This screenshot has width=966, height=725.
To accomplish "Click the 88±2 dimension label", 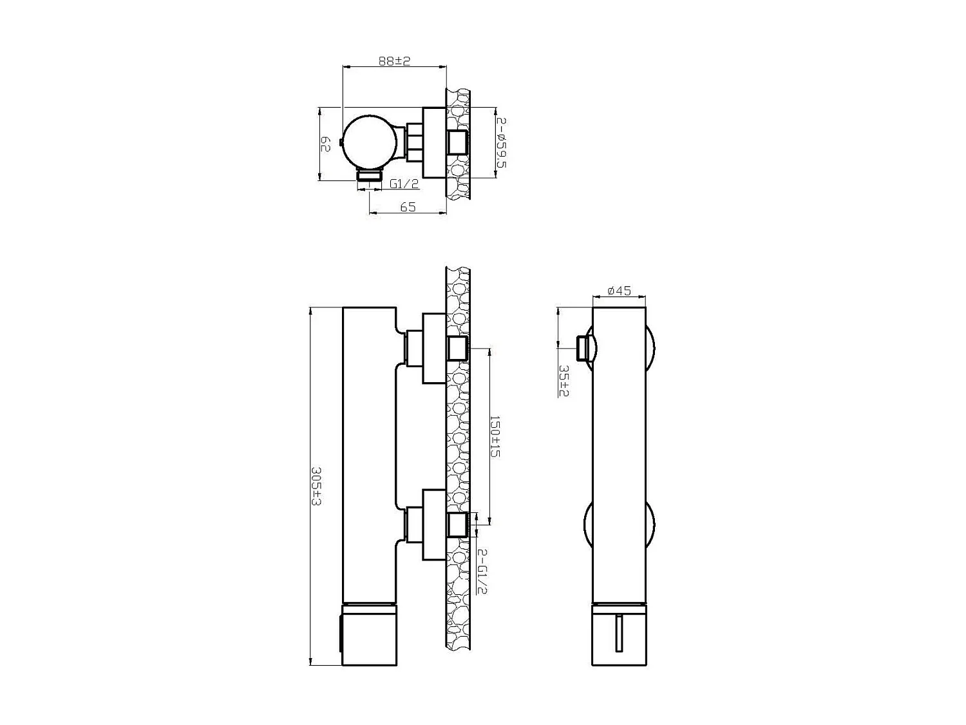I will point(394,61).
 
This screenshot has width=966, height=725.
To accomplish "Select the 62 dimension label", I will point(325,144).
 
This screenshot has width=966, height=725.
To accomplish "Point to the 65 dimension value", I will point(408,207).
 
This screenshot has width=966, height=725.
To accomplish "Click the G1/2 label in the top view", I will point(404,184).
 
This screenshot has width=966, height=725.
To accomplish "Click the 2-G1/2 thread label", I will point(482,571).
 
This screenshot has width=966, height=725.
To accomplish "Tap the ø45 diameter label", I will point(620,291).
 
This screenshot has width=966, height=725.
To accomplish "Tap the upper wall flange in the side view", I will point(433,348).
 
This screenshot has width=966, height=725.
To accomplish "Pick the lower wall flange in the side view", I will point(433,525).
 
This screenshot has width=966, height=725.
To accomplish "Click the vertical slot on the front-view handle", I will point(620,634).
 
